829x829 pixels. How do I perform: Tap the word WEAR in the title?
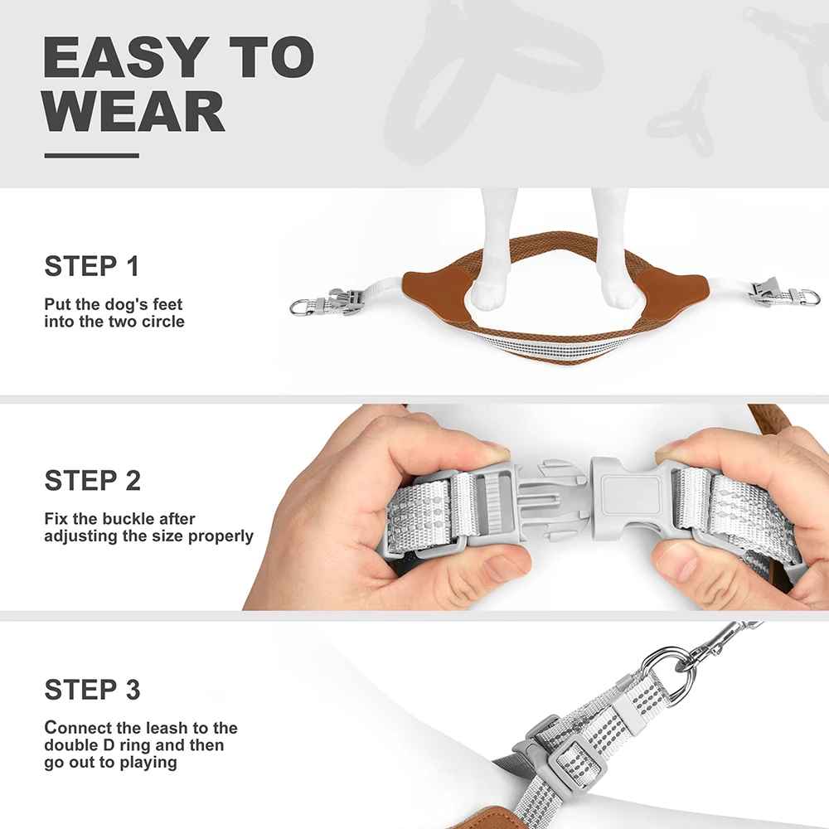click(134, 111)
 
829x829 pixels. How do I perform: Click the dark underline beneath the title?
click(91, 156)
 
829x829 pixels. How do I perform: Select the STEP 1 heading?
click(91, 266)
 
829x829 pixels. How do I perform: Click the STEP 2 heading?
click(93, 481)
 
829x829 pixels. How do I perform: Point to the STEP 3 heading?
click(93, 690)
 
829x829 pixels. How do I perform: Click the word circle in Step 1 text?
click(162, 322)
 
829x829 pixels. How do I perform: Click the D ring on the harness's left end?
click(299, 306)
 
